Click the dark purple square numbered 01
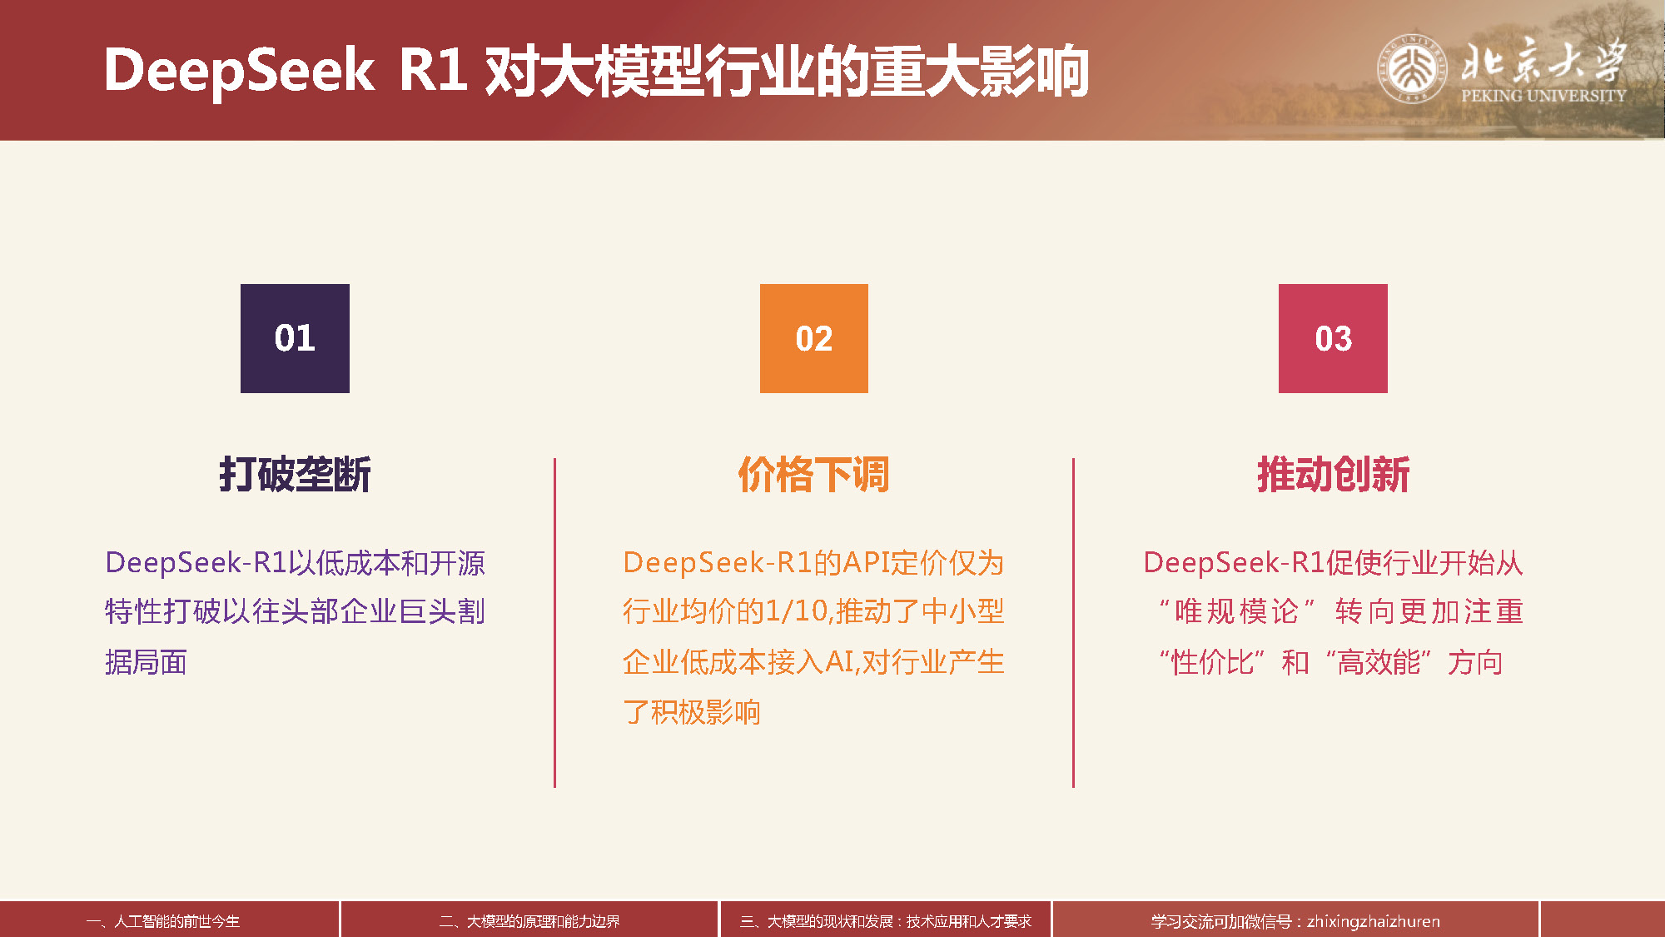click(295, 338)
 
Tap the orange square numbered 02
click(814, 338)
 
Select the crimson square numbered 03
click(1333, 338)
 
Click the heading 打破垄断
click(295, 475)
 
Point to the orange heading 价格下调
click(814, 475)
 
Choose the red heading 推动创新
click(1333, 475)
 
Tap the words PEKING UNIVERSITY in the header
click(1543, 96)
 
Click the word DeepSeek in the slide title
click(240, 71)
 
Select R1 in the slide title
click(433, 69)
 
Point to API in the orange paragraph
click(866, 563)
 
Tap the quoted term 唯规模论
click(1237, 612)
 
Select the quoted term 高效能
click(1379, 663)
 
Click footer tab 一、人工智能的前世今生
click(163, 921)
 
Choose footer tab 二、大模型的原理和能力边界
click(529, 921)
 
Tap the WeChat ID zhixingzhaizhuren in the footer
click(1374, 921)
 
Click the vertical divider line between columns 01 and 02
click(554, 622)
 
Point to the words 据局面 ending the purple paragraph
click(146, 663)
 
